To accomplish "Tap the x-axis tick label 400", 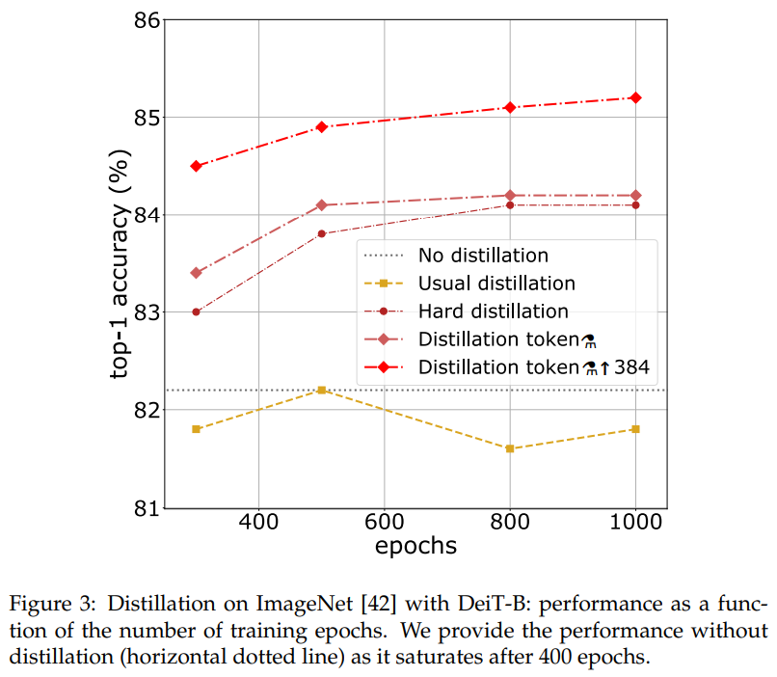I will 258,524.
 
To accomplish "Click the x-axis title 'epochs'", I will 415,546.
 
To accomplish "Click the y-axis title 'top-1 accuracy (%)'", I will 119,263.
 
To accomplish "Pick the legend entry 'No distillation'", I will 483,256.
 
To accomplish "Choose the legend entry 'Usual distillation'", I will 496,284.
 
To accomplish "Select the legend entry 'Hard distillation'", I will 493,311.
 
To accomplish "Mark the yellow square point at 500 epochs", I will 322,390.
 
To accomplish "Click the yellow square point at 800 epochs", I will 510,448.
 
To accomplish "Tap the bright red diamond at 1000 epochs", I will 635,97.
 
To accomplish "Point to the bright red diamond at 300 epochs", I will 196,166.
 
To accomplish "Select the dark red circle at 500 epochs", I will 322,233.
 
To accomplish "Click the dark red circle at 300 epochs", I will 196,311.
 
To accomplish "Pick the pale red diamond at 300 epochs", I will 196,273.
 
